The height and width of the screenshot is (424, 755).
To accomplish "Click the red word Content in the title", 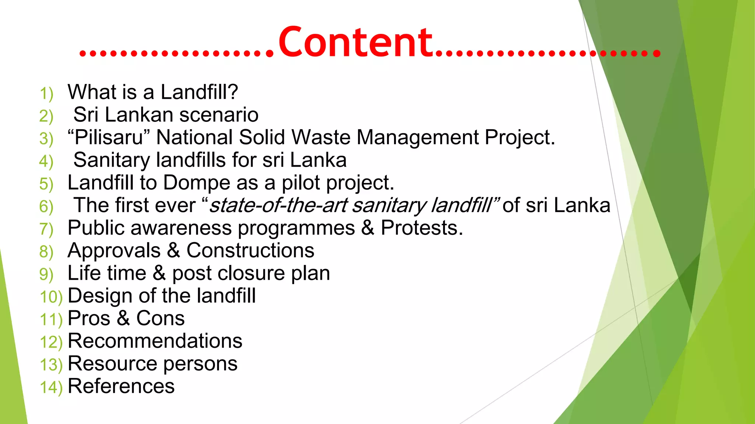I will (355, 42).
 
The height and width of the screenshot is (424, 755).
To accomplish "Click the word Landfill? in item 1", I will (199, 92).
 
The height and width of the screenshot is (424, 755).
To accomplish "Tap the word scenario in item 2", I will (219, 115).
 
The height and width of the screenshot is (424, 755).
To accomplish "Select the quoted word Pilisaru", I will (109, 137).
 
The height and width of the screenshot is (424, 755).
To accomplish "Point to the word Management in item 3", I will (417, 138).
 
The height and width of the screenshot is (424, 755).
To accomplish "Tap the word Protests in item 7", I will (421, 228).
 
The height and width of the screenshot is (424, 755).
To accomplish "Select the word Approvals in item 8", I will (114, 251).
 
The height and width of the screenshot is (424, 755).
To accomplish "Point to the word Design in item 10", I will (100, 296).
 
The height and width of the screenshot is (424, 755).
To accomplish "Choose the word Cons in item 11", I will (160, 318).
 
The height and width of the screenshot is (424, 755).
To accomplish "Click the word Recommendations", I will (155, 341).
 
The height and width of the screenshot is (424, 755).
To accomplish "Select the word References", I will (121, 386).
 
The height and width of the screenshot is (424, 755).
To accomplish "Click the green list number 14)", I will (51, 388).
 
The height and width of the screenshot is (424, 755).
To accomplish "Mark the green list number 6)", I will (46, 206).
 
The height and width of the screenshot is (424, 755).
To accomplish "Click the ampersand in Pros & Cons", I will (123, 318).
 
